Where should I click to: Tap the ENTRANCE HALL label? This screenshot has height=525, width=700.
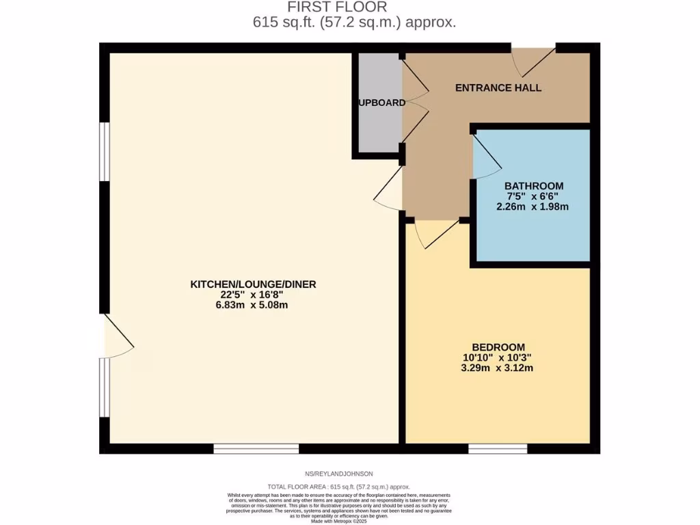498,87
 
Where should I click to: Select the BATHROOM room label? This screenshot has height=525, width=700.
534,186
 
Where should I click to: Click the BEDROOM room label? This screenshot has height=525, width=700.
498,347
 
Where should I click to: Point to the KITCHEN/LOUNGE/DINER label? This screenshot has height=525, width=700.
253,284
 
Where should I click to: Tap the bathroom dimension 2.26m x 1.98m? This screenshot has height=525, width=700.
533,206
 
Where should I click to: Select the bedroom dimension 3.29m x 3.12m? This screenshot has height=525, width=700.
498,368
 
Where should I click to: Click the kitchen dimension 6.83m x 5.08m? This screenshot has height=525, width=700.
253,305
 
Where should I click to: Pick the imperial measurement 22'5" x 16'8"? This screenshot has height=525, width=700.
253,295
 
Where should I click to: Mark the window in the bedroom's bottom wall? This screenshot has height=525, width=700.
498,448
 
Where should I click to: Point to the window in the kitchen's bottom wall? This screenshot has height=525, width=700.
256,448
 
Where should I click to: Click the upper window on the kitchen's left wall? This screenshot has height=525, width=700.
104,152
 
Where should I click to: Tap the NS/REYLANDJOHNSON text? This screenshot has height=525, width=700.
339,474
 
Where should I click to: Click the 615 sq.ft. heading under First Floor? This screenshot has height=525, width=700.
353,22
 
